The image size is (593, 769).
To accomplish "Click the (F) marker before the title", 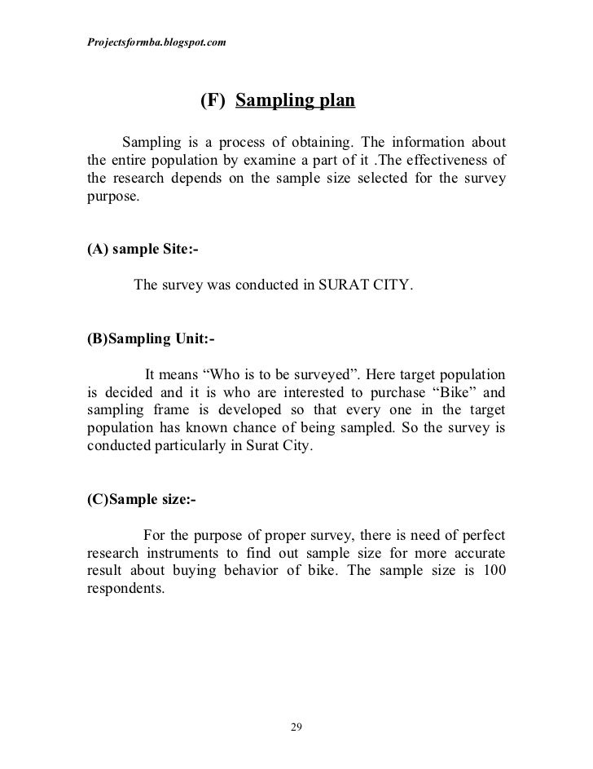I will pos(212,102).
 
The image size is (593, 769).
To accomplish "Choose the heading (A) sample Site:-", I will pos(142,250).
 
